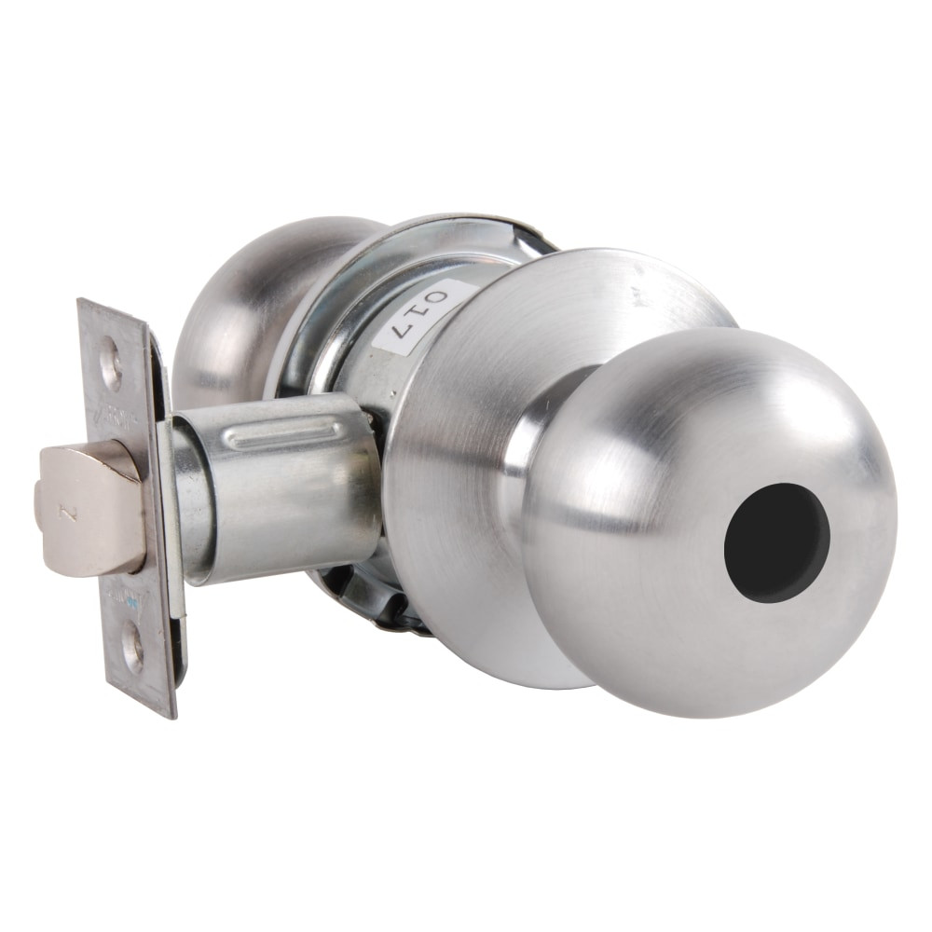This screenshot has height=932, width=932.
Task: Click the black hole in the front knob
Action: click(776, 543)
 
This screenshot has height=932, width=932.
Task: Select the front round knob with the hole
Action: click(708, 522)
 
